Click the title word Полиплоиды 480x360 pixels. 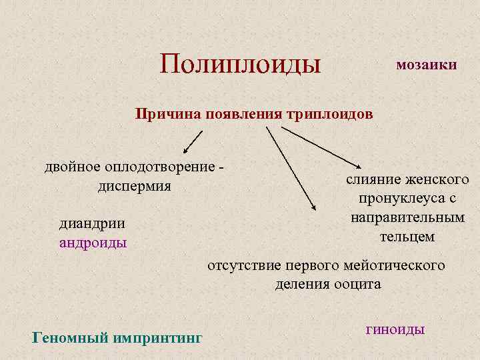(x=241, y=64)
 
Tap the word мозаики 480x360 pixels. (x=426, y=65)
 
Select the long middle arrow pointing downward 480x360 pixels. (x=291, y=169)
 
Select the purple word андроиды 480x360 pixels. (x=93, y=243)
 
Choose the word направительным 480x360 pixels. (x=407, y=217)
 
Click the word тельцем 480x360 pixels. (x=407, y=236)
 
